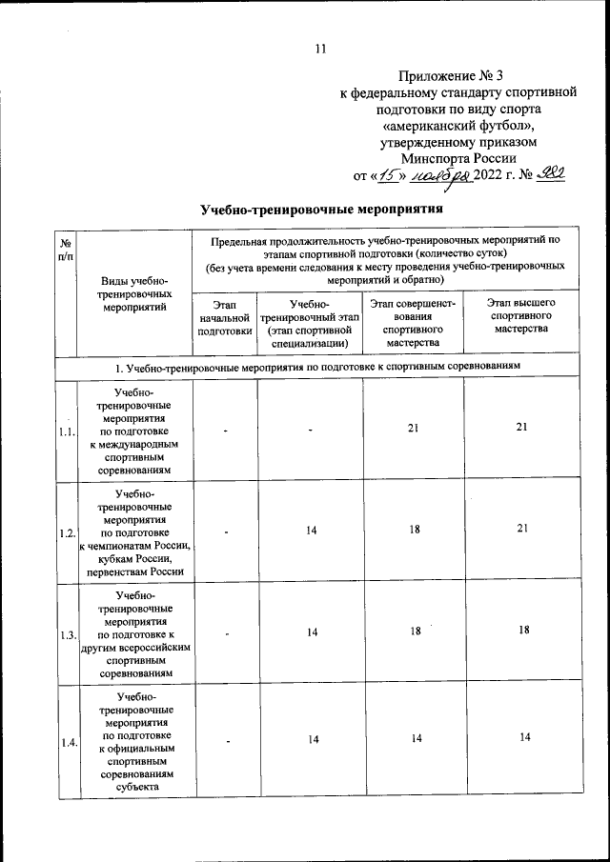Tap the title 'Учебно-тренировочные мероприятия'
point(322,209)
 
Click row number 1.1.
point(66,431)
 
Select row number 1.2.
point(66,533)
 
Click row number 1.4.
point(66,742)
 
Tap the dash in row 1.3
point(227,633)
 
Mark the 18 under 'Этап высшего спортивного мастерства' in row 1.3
point(521,631)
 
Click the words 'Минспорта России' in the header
point(458,158)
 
